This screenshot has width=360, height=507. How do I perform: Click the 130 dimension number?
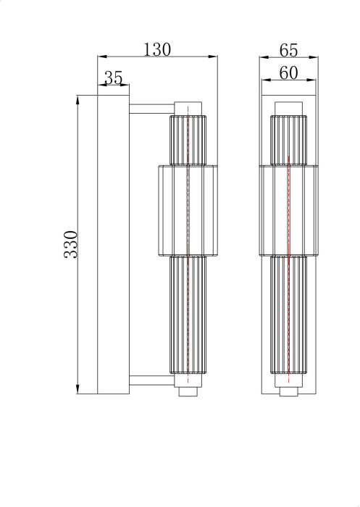click(x=157, y=49)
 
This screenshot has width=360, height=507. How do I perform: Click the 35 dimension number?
click(x=114, y=77)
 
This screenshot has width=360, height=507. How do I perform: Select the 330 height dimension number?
click(x=70, y=246)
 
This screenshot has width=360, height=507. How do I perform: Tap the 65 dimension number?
click(x=289, y=50)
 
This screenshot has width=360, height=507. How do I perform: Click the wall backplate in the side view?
click(x=114, y=243)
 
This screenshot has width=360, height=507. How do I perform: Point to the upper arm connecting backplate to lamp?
click(x=151, y=109)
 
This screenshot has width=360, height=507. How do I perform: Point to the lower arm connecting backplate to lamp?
click(x=151, y=380)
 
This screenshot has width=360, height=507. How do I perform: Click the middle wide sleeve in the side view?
click(x=187, y=211)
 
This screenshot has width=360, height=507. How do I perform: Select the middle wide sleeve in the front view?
click(x=288, y=211)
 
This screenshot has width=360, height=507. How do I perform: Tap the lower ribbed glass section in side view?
click(x=188, y=314)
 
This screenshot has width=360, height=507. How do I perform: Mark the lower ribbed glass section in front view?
click(x=288, y=314)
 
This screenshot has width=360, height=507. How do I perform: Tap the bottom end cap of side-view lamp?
click(x=188, y=391)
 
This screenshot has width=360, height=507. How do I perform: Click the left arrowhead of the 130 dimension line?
click(x=101, y=56)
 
